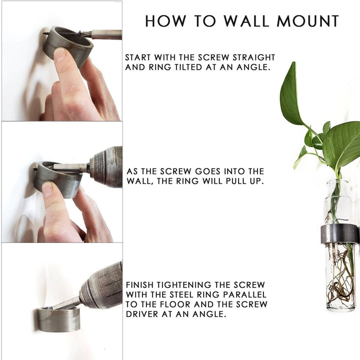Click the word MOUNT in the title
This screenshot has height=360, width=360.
coord(307,21)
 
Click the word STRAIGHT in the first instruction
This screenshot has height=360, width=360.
coord(254,57)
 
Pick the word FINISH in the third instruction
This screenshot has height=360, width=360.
coord(140,285)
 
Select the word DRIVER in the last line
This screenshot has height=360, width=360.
coord(142,314)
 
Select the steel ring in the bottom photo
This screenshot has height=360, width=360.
coord(59,319)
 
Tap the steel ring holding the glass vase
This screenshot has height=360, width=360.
coord(339,233)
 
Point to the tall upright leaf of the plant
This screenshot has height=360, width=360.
coord(290,94)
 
